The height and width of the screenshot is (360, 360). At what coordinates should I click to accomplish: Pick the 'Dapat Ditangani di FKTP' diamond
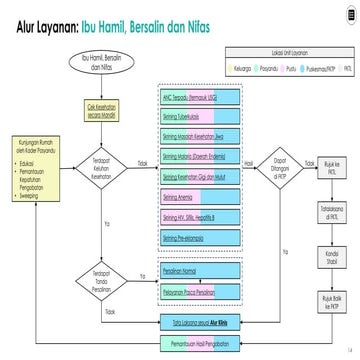pos(281,162)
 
